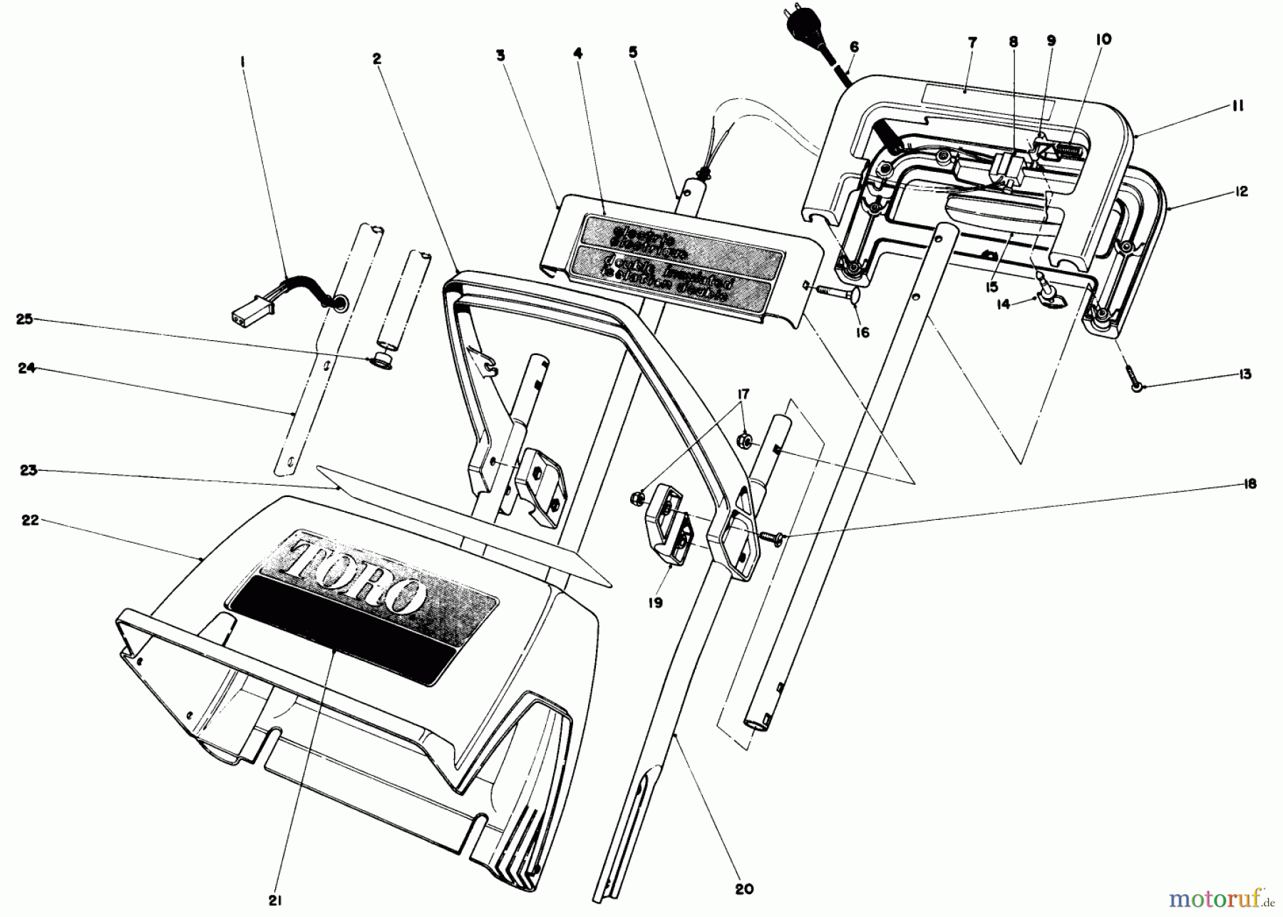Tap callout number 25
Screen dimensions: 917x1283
24,319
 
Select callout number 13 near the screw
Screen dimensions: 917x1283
1245,374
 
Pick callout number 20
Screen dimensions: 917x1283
744,889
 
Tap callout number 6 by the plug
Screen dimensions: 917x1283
854,47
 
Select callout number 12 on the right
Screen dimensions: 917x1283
1242,192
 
